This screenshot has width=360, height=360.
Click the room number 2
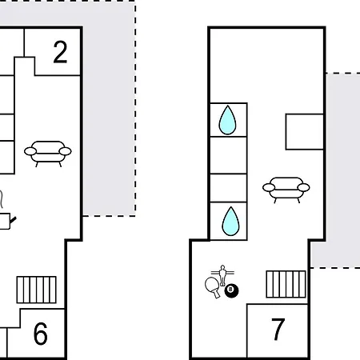[60, 52]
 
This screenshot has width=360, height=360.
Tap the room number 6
[41, 334]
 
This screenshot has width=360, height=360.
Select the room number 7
[278, 329]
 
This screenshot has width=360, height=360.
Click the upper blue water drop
[227, 120]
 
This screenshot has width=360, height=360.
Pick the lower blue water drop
[230, 222]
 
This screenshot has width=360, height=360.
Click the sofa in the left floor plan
[48, 154]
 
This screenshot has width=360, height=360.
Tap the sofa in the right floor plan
[286, 190]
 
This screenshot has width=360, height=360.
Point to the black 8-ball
[231, 290]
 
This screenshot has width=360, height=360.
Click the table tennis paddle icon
[213, 286]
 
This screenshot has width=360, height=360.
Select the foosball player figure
[222, 275]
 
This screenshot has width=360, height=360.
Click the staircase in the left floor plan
[36, 290]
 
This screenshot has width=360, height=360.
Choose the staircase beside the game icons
[286, 284]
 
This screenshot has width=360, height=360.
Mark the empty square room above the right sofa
[305, 132]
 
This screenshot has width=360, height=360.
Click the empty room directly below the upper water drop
[229, 155]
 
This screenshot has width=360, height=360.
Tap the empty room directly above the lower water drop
[229, 188]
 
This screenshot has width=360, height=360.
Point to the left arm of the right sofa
[269, 187]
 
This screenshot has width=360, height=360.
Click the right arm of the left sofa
[65, 151]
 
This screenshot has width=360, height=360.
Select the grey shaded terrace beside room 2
[109, 106]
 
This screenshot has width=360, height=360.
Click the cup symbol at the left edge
[5, 221]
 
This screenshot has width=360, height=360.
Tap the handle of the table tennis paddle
[217, 294]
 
